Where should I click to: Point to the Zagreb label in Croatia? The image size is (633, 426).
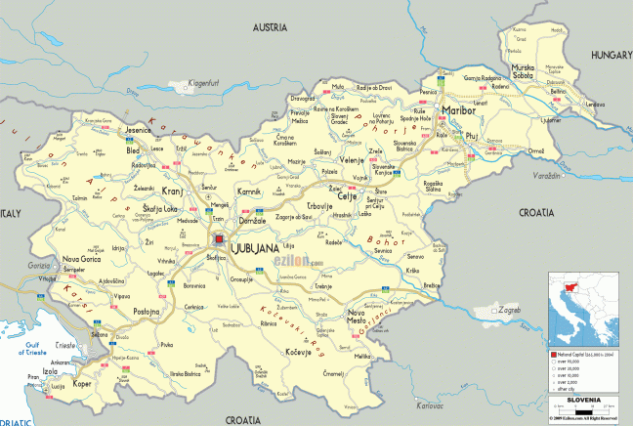click(x=509, y=310)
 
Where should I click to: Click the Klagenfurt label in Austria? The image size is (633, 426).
click(x=206, y=84)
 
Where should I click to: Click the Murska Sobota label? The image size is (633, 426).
click(x=524, y=74)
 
